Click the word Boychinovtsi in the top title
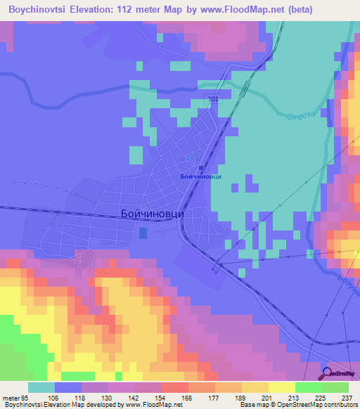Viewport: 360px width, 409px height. [39, 10]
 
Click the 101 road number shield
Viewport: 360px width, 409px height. [213, 100]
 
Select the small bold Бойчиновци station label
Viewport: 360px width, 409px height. [200, 176]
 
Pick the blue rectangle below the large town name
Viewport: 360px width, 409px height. [143, 232]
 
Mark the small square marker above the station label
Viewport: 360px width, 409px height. [201, 167]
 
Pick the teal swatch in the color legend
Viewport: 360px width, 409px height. [41, 387]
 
